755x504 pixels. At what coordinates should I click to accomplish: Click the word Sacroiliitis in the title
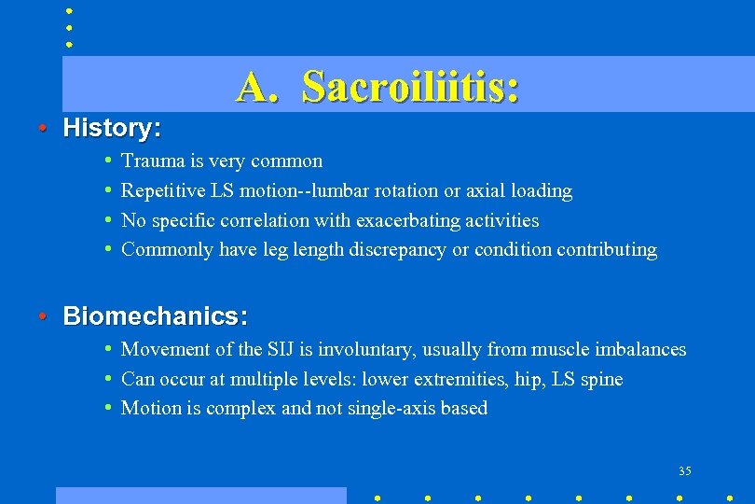(x=410, y=87)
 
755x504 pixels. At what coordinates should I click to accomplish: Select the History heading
(x=112, y=128)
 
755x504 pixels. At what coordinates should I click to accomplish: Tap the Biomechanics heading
(x=155, y=316)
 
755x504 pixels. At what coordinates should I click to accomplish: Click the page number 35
(x=685, y=470)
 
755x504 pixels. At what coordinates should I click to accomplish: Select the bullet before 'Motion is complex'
(x=109, y=409)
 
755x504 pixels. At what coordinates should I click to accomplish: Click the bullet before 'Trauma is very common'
(x=109, y=161)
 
